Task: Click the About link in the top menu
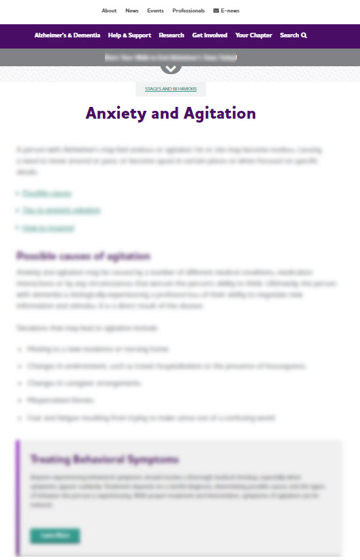(x=109, y=10)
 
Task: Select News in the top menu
(x=132, y=10)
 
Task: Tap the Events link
(x=155, y=10)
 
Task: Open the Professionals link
(x=188, y=10)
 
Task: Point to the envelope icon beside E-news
(x=216, y=10)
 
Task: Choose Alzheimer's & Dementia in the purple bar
(x=68, y=35)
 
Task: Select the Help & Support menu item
(x=129, y=35)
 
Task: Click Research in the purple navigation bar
(x=171, y=35)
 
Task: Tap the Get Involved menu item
(x=210, y=35)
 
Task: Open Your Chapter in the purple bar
(x=254, y=35)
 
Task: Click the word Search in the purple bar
(x=289, y=35)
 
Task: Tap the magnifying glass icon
(x=304, y=35)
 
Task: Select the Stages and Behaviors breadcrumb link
(x=170, y=89)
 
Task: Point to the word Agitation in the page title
(x=214, y=113)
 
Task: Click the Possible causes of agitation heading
(x=83, y=256)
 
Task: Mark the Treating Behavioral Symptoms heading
(x=104, y=459)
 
